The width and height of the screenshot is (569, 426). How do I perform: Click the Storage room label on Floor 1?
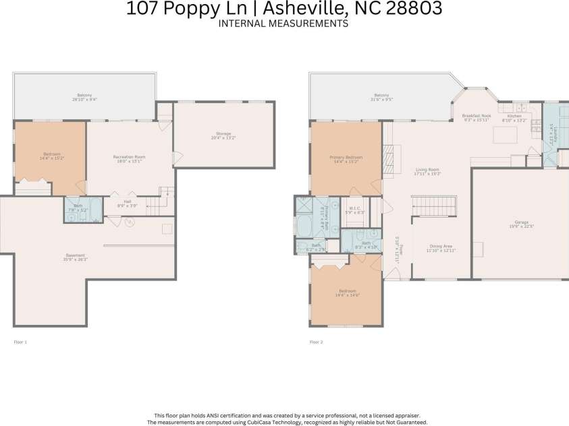(x=223, y=135)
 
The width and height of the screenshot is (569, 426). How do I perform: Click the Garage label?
(x=520, y=224)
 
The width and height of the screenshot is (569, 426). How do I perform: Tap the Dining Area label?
(x=441, y=248)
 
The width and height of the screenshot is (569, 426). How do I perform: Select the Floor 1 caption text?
(x=20, y=342)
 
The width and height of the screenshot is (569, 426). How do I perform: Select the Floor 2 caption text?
(x=316, y=342)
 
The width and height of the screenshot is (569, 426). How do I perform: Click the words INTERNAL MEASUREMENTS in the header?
(x=283, y=23)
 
